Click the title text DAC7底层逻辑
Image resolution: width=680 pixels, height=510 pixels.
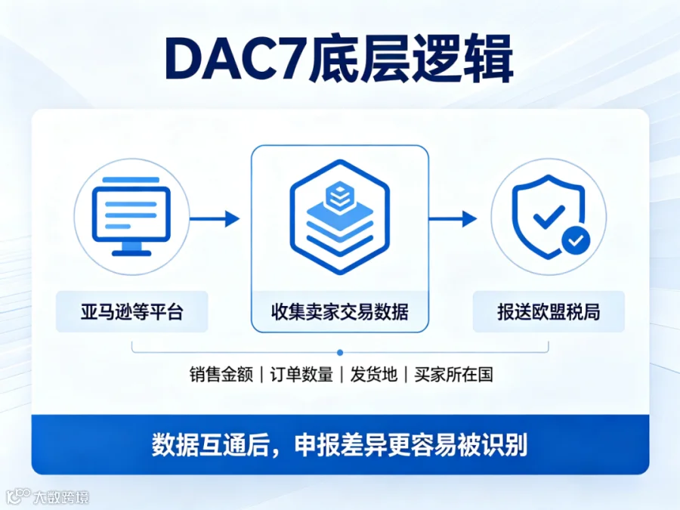point(339,60)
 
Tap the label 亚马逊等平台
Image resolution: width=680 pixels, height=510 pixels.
point(131,312)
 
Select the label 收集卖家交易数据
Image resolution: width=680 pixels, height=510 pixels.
point(339,312)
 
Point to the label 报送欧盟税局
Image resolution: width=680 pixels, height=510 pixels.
point(549,312)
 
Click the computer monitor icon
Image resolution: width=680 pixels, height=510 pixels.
point(131,216)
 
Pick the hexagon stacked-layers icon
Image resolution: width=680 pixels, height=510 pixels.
point(340,217)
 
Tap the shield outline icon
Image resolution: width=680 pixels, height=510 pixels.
point(549,217)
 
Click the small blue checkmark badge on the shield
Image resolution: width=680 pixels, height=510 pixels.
point(576,240)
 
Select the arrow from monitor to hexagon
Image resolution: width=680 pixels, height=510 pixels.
point(215,218)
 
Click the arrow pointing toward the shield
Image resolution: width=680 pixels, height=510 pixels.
point(453,218)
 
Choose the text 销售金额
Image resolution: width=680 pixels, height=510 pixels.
point(221,375)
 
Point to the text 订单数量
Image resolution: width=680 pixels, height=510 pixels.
point(301,375)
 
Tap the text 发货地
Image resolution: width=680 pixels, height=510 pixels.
point(373,375)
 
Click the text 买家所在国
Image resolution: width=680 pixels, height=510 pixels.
point(453,375)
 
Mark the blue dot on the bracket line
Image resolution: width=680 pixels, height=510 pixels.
point(340,353)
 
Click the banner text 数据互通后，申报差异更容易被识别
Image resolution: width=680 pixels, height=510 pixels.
point(339,445)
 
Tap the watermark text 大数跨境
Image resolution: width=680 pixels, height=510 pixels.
point(61,497)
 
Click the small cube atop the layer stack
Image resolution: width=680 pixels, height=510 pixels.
point(340,196)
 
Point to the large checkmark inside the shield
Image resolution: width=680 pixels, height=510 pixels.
point(549,216)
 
